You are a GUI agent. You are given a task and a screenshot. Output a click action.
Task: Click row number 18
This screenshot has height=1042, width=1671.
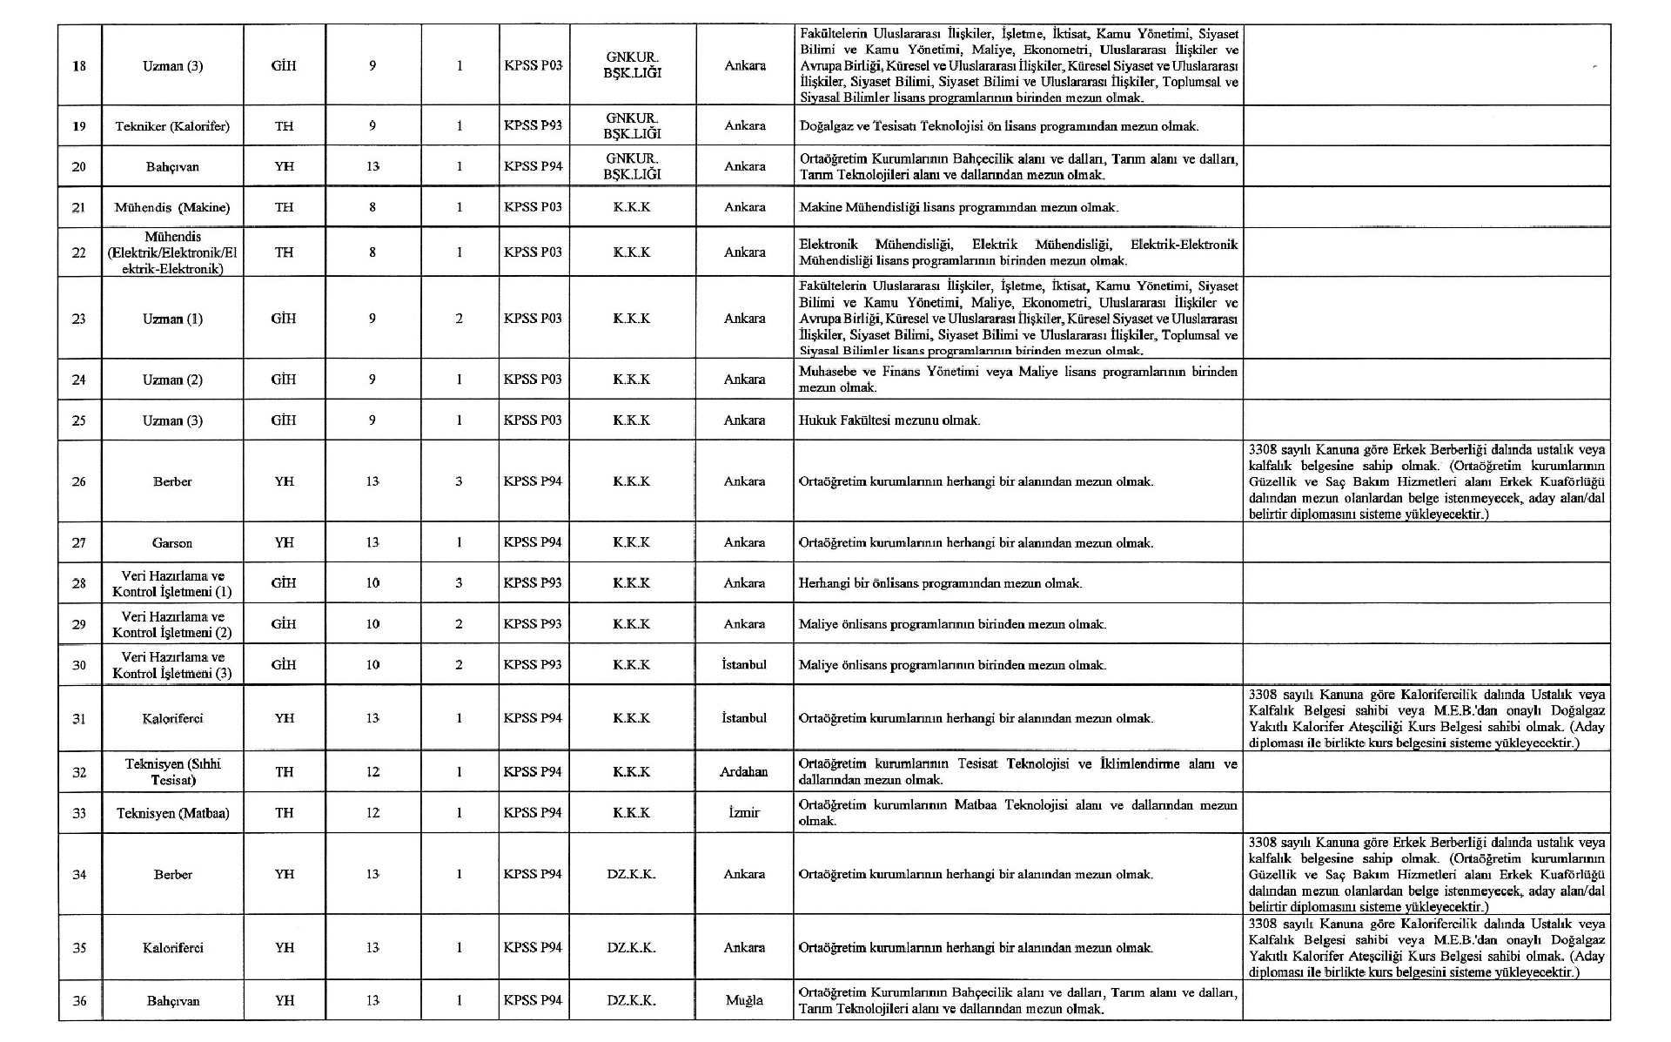pos(79,66)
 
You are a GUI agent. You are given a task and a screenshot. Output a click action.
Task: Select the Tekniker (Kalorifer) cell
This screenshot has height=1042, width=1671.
pos(172,126)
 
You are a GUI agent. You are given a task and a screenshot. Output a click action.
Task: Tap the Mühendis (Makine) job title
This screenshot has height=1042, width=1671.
pos(172,207)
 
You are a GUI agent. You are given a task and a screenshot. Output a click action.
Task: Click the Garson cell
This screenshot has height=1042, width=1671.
pos(172,543)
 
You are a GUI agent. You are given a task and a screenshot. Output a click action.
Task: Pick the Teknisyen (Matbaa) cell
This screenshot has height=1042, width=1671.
pos(173,813)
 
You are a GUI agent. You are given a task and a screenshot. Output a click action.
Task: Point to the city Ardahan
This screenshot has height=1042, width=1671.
pos(744,772)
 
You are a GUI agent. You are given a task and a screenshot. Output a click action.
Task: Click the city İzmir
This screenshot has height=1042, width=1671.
pos(744,813)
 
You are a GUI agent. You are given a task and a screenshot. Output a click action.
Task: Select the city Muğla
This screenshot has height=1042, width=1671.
pos(744,1000)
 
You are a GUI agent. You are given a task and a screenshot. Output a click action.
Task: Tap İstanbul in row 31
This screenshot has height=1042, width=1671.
pos(744,718)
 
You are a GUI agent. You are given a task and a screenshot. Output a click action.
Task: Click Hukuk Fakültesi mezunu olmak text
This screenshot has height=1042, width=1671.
pos(889,420)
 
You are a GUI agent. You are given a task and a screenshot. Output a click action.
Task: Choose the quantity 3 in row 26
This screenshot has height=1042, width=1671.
pos(459,481)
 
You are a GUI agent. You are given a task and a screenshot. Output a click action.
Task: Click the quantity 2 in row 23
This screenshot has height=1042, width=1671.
pos(459,319)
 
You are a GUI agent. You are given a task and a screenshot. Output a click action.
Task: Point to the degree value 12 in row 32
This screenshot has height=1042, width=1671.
pos(372,772)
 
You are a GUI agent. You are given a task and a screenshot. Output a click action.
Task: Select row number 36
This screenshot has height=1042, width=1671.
pos(79,1001)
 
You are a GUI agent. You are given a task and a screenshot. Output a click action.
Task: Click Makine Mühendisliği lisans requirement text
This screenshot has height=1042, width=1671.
pos(958,208)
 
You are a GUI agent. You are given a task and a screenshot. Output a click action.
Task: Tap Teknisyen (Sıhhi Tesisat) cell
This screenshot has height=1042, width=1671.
pos(173,772)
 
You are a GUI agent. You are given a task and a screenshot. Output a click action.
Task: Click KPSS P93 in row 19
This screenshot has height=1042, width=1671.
pos(533,125)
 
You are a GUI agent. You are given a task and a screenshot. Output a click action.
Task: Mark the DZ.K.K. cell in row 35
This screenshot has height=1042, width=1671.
pos(632,948)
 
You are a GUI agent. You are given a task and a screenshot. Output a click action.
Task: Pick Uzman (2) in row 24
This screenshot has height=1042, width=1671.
pos(172,380)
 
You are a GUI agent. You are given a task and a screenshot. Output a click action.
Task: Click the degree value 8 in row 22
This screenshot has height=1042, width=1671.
pos(372,252)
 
